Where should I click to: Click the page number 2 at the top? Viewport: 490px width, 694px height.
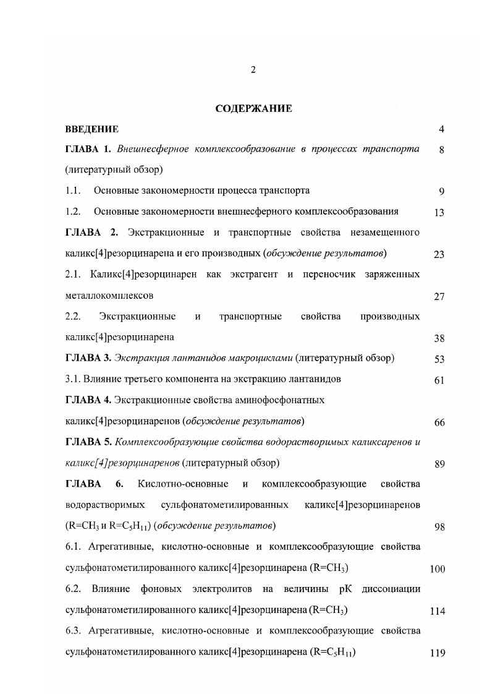coord(253,70)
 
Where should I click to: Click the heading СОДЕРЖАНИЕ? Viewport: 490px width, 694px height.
coord(253,109)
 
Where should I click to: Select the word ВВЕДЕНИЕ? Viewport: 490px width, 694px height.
coord(91,129)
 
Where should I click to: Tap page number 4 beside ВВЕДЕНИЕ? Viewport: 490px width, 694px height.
coord(441,129)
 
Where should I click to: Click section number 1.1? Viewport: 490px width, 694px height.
coord(73,191)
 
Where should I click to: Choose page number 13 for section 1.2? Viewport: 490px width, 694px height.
coord(439,212)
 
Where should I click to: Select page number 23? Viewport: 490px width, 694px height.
coord(439,254)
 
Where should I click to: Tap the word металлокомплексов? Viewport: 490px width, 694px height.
coord(109,296)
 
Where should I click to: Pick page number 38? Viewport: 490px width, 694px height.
coord(439,338)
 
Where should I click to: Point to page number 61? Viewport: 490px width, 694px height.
coord(439,380)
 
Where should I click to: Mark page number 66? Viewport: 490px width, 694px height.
coord(439,423)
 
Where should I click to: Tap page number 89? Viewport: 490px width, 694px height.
coord(439,465)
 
